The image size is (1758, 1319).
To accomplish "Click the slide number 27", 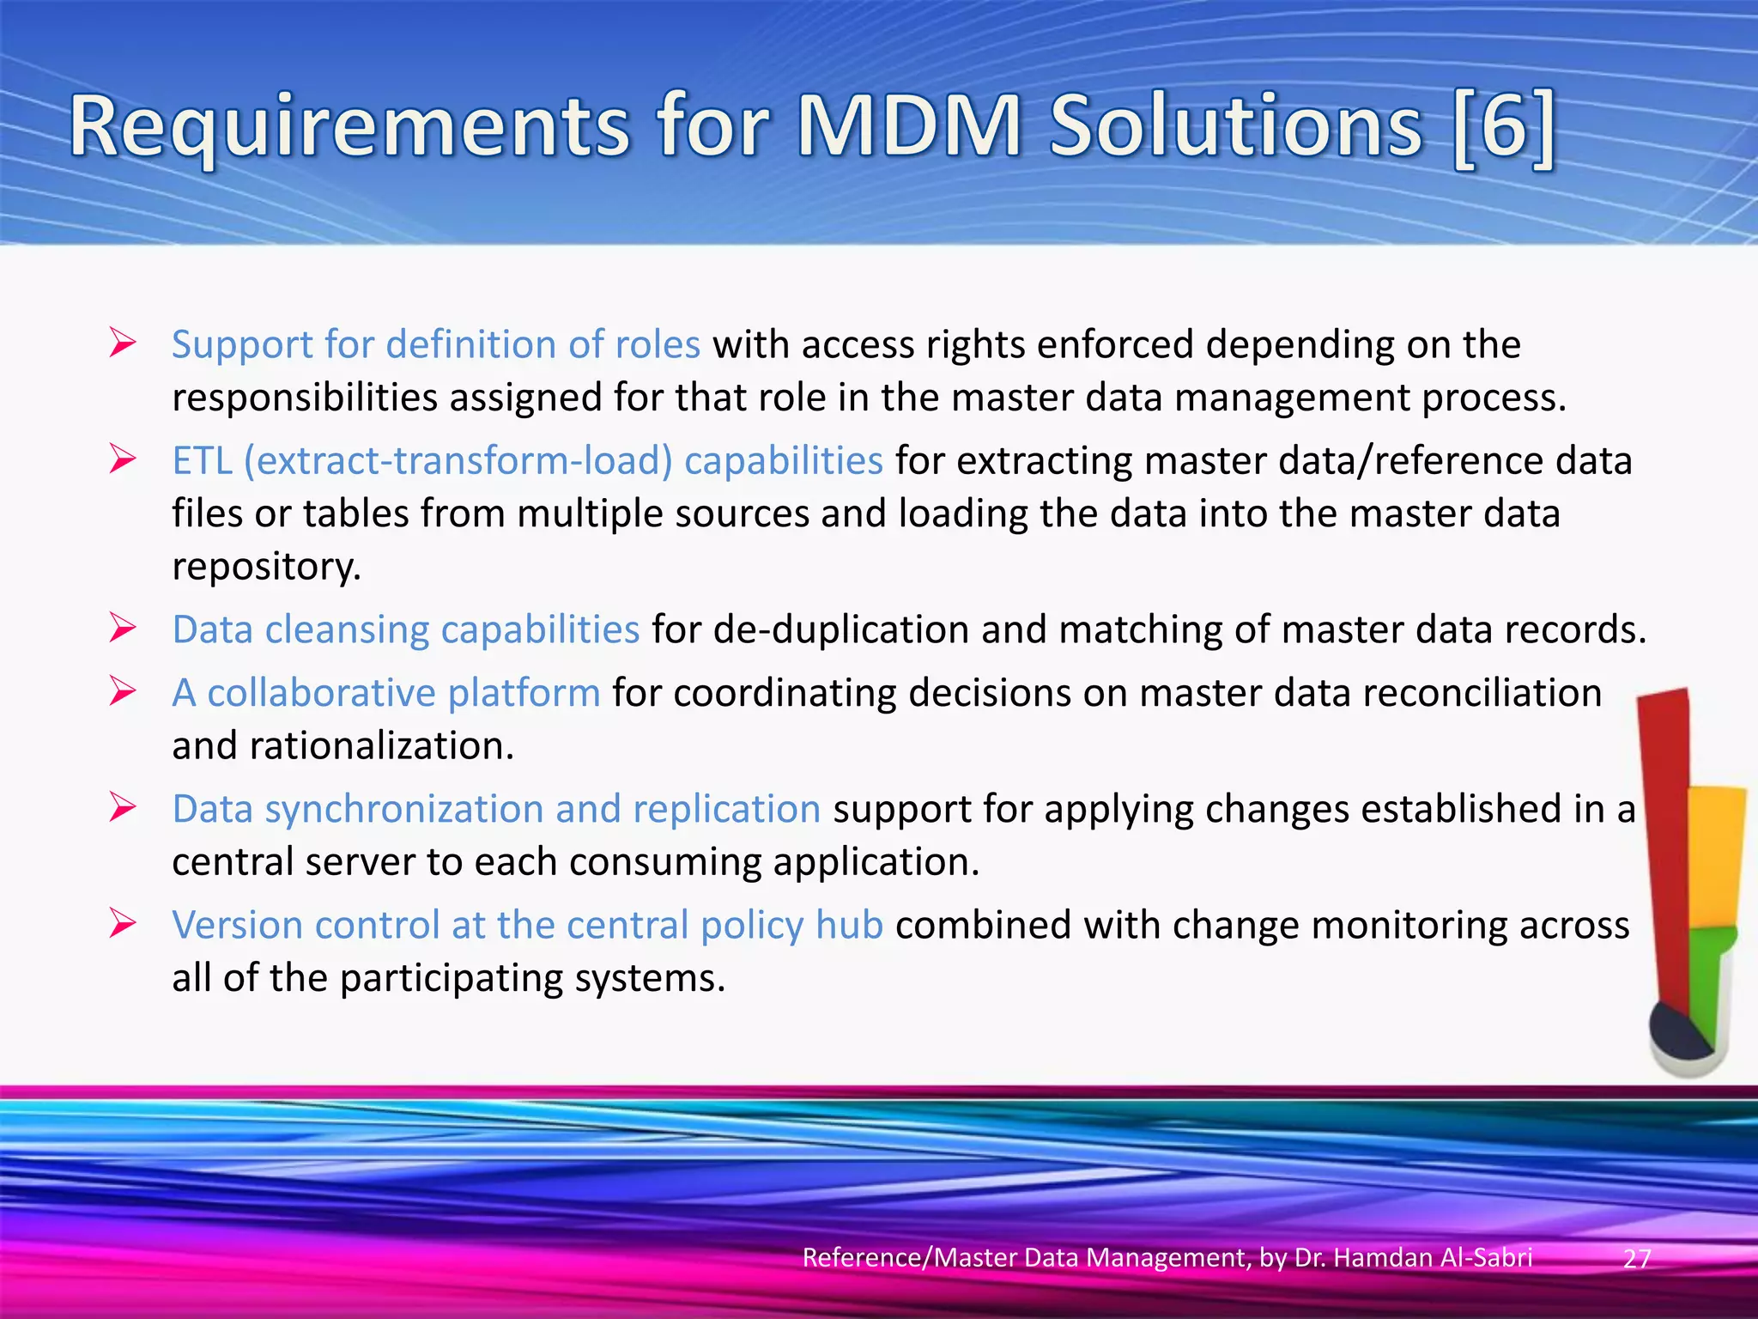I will (x=1637, y=1258).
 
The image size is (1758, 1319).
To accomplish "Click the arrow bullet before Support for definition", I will (x=123, y=344).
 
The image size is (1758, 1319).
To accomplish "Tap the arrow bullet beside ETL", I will (x=123, y=460).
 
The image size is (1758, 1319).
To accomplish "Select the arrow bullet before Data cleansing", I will (x=123, y=629).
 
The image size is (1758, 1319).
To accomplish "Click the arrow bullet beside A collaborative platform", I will (x=123, y=692).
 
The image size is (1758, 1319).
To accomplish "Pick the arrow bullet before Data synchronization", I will (x=123, y=808).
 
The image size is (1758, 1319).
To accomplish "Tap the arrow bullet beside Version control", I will (x=123, y=924).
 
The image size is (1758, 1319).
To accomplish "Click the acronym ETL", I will (x=203, y=461).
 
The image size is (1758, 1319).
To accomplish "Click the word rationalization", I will (x=381, y=746).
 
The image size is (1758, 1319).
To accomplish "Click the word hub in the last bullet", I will (x=849, y=925).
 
